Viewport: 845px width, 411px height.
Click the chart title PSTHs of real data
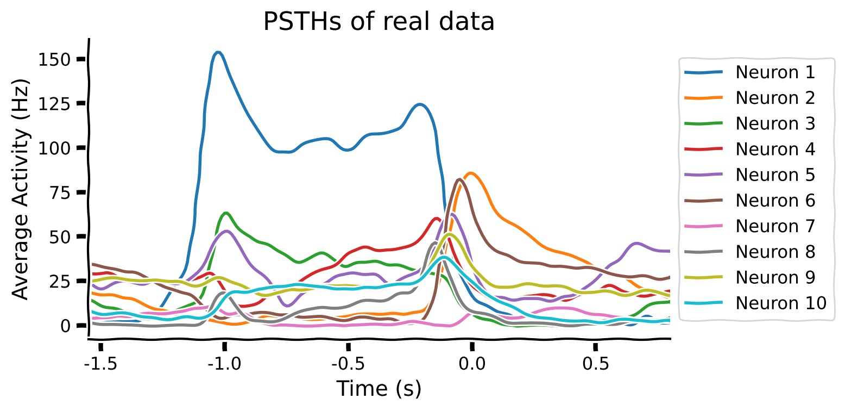coord(379,22)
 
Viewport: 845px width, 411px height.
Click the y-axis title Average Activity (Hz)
coord(21,188)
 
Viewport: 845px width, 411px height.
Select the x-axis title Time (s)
coord(379,389)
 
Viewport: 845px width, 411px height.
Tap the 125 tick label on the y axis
coord(55,103)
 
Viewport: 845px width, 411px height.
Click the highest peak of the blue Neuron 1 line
coord(218,52)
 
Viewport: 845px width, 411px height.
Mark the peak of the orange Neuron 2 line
coord(471,173)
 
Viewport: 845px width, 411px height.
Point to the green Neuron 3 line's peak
coord(226,213)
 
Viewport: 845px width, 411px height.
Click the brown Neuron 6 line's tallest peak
coord(459,179)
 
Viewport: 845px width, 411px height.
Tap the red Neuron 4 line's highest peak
coord(437,219)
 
